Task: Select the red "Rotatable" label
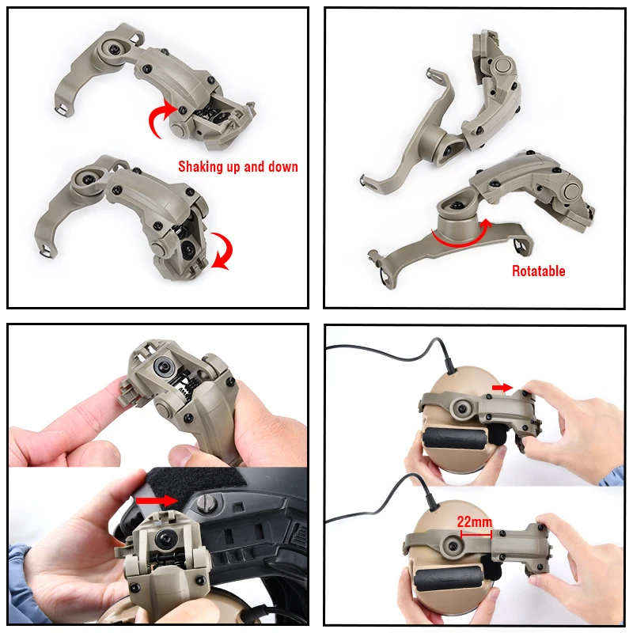[x=538, y=271]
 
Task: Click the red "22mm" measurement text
[x=472, y=522]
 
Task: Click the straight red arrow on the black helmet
[x=157, y=500]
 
